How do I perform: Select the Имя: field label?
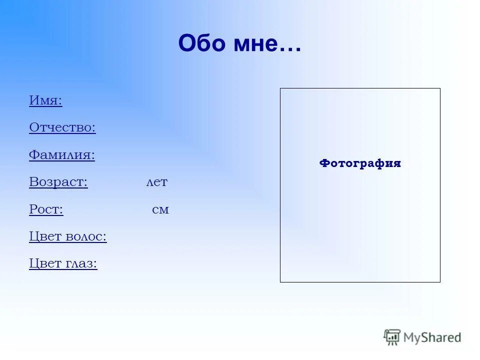45,100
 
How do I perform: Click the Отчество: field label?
62,127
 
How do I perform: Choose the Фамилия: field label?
62,155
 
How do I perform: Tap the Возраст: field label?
58,182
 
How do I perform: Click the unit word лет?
156,182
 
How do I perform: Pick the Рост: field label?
46,209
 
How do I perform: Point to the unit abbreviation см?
160,209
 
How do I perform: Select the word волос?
86,236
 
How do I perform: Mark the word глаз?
81,263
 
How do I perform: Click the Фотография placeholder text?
360,163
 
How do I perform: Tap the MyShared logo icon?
392,337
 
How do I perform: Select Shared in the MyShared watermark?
443,337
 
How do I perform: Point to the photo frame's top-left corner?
280,88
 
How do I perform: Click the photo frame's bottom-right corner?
440,282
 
